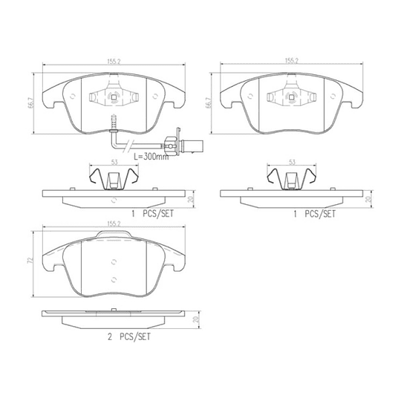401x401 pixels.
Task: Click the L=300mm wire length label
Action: click(x=151, y=157)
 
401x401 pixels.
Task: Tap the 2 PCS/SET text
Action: click(x=129, y=337)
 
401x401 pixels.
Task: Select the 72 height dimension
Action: click(x=30, y=261)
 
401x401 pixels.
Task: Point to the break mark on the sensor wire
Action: click(x=128, y=146)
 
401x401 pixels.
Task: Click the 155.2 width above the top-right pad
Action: click(x=292, y=61)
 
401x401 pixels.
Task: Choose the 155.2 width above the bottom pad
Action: click(x=114, y=224)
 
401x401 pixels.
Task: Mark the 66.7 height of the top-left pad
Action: click(x=30, y=102)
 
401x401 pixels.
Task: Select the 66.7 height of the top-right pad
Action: click(x=209, y=102)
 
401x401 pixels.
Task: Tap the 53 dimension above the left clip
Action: click(x=114, y=162)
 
